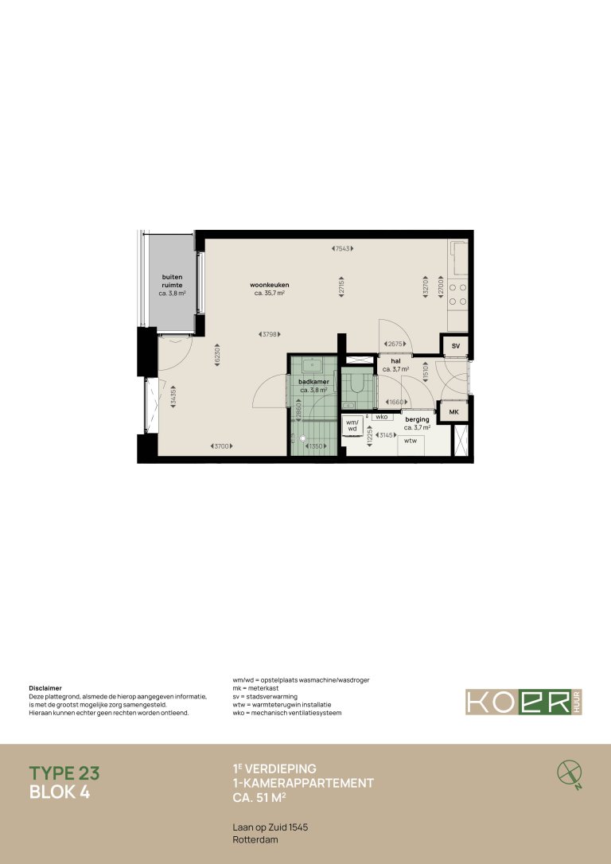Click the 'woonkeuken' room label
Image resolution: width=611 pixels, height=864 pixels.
[269, 285]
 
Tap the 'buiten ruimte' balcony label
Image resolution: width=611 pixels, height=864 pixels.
[172, 281]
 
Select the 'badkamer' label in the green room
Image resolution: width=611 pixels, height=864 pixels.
[313, 382]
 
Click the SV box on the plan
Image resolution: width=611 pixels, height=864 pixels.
[456, 346]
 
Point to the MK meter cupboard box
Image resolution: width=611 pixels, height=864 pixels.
[454, 411]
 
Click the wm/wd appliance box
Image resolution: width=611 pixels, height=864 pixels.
[351, 426]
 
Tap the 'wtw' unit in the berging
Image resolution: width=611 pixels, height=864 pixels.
[411, 440]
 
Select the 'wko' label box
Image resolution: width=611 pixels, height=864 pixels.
[381, 416]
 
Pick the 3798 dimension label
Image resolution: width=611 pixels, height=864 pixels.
[270, 333]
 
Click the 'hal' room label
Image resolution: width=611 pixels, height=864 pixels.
[395, 362]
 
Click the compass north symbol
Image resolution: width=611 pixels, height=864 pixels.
[569, 772]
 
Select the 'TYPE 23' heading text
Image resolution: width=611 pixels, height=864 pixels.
[64, 773]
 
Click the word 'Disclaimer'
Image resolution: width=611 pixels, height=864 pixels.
[45, 688]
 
